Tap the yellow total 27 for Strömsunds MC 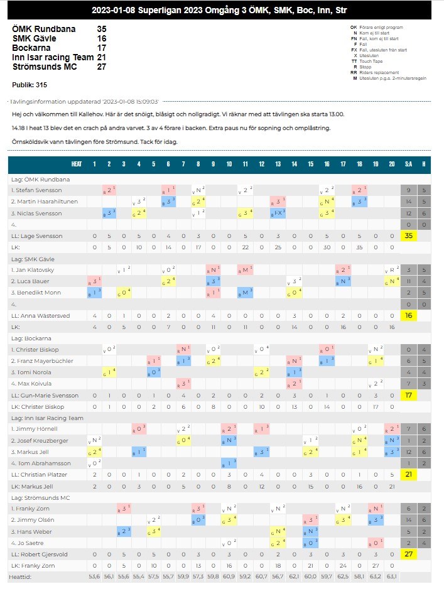pyautogui.click(x=408, y=554)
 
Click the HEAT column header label pyautogui.click(x=77, y=165)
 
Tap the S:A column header pyautogui.click(x=408, y=165)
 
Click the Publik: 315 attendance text pyautogui.click(x=30, y=84)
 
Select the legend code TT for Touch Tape pyautogui.click(x=354, y=61)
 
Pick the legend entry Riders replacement pyautogui.click(x=382, y=72)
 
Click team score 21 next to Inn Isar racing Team pyautogui.click(x=101, y=57)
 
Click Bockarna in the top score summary pyautogui.click(x=31, y=48)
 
